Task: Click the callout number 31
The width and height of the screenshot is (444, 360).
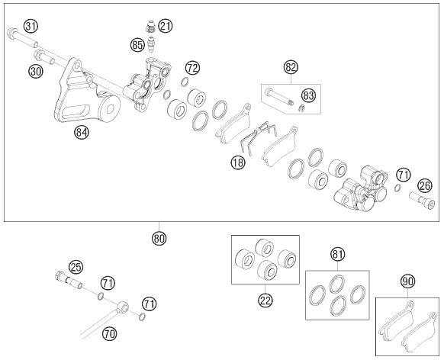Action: click(31, 27)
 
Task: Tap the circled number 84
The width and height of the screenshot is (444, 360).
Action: click(82, 132)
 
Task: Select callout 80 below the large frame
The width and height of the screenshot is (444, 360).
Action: click(159, 239)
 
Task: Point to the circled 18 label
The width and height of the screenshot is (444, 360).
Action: click(238, 162)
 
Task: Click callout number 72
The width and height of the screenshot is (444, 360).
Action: click(192, 68)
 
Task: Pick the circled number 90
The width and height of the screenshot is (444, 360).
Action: click(407, 281)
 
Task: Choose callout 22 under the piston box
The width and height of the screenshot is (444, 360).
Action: click(265, 300)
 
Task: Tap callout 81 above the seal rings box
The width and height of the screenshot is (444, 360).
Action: click(338, 255)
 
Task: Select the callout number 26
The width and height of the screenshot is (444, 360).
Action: click(425, 186)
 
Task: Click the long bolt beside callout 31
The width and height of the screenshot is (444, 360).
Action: click(22, 37)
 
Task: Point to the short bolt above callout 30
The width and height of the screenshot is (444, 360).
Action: click(44, 56)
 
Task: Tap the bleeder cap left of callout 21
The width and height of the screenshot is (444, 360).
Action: click(150, 27)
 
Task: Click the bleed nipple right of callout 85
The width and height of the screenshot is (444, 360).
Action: click(152, 44)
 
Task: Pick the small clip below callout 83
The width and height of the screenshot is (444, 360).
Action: click(302, 108)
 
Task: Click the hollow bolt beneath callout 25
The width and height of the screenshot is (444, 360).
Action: click(68, 280)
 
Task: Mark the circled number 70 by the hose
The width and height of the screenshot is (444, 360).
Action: click(109, 334)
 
